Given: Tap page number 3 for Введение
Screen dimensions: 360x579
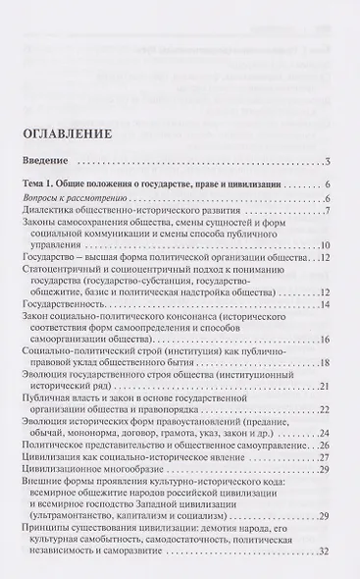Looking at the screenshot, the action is click(x=331, y=161).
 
